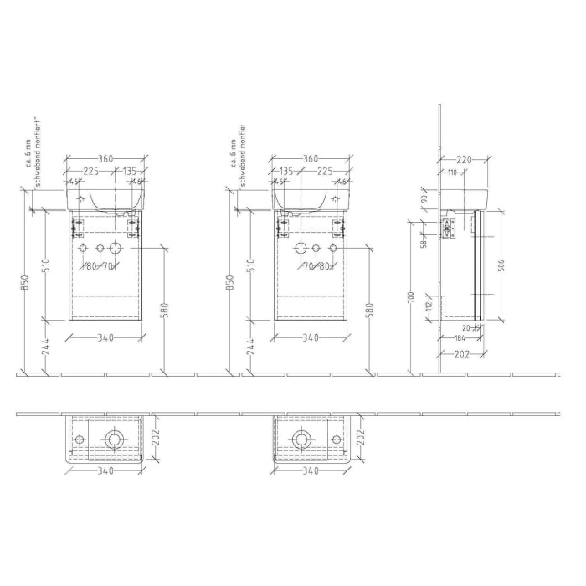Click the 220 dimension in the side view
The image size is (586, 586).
(x=466, y=159)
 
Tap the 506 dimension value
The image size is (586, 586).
(x=501, y=267)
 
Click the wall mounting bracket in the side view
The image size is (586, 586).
(x=447, y=227)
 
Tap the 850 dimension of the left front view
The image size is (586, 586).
(x=26, y=285)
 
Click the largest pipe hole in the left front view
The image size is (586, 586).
(x=116, y=249)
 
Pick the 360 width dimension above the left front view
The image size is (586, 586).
(x=105, y=159)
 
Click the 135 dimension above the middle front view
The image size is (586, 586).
(x=287, y=172)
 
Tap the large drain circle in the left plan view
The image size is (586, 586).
(x=116, y=439)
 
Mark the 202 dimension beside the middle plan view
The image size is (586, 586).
(x=362, y=438)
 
